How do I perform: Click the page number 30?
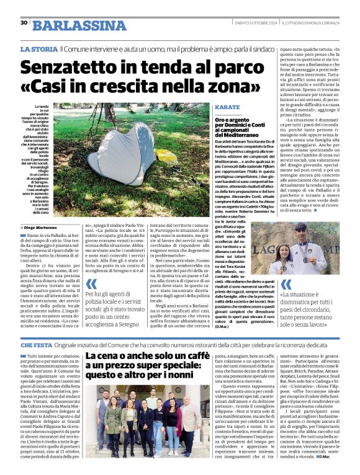[24, 23]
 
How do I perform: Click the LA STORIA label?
[38, 48]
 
